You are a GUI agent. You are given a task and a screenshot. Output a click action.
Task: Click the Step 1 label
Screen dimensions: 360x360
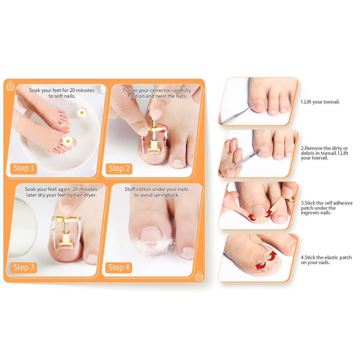(24, 168)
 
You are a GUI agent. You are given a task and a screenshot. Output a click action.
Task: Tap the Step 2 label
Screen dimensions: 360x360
(119, 169)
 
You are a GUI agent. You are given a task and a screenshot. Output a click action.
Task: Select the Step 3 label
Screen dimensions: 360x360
(24, 267)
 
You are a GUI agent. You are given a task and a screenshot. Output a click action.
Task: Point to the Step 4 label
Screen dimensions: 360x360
(119, 268)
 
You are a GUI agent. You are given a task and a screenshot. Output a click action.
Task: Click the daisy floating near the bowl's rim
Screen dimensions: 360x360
(82, 112)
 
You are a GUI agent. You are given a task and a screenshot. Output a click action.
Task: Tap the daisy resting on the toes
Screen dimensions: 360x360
(68, 141)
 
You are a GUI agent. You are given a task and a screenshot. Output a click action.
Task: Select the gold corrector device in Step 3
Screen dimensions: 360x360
(66, 232)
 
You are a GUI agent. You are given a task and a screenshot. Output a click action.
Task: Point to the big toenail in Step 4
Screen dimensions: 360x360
(151, 234)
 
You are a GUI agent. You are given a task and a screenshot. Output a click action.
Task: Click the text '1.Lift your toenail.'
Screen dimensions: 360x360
(320, 102)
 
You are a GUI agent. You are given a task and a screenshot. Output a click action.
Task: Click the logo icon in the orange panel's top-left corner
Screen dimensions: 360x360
(10, 86)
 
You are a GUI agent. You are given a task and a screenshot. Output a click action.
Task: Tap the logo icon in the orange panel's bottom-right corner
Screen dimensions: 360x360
(199, 276)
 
